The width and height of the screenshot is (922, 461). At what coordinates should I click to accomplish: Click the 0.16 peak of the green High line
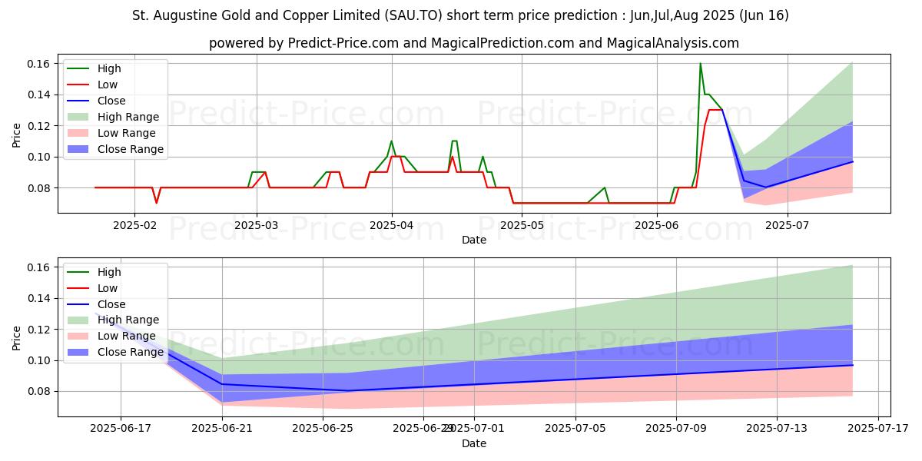coord(700,63)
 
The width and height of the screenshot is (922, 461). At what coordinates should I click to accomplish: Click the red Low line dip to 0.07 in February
coord(156,203)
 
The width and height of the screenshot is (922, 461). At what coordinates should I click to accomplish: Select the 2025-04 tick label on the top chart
coord(392,225)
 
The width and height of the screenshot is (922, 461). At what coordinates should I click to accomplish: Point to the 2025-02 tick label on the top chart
coord(134,225)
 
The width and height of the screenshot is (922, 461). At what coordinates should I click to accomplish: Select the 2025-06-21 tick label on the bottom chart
coord(222,429)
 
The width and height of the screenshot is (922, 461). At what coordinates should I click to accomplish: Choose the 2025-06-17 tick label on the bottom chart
coord(121,429)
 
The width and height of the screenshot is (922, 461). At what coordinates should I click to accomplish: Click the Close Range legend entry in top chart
coord(130,149)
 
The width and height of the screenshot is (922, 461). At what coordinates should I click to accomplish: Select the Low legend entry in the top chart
coord(108,85)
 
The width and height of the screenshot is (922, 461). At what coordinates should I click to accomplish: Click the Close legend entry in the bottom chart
coord(111,303)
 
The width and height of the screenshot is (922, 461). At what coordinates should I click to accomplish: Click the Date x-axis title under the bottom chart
coord(474,443)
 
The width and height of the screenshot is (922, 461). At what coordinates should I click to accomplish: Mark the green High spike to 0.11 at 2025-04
coord(391,141)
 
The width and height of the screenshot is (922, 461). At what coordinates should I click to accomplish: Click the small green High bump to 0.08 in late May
coord(605,187)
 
